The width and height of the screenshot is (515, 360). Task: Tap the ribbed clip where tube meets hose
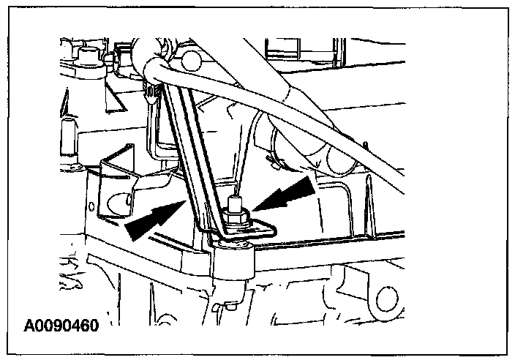click(152, 91)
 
